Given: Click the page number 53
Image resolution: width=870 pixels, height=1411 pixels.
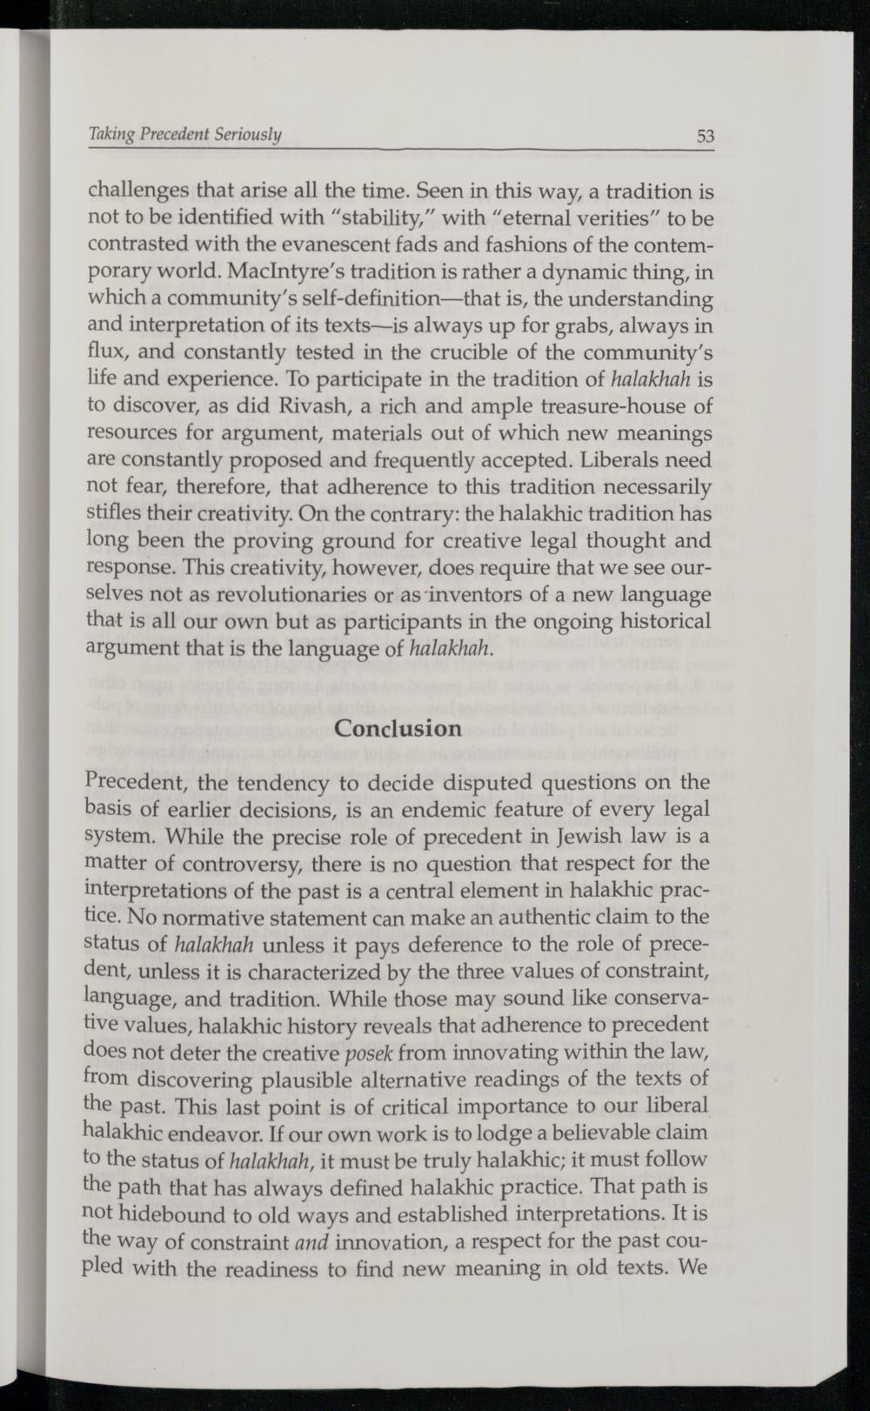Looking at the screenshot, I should [705, 136].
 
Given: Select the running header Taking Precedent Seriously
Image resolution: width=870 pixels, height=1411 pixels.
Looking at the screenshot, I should [186, 135].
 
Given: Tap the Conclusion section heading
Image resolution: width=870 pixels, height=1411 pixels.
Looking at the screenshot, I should [398, 727].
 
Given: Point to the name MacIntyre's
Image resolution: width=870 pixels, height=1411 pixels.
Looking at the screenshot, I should [271, 271].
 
